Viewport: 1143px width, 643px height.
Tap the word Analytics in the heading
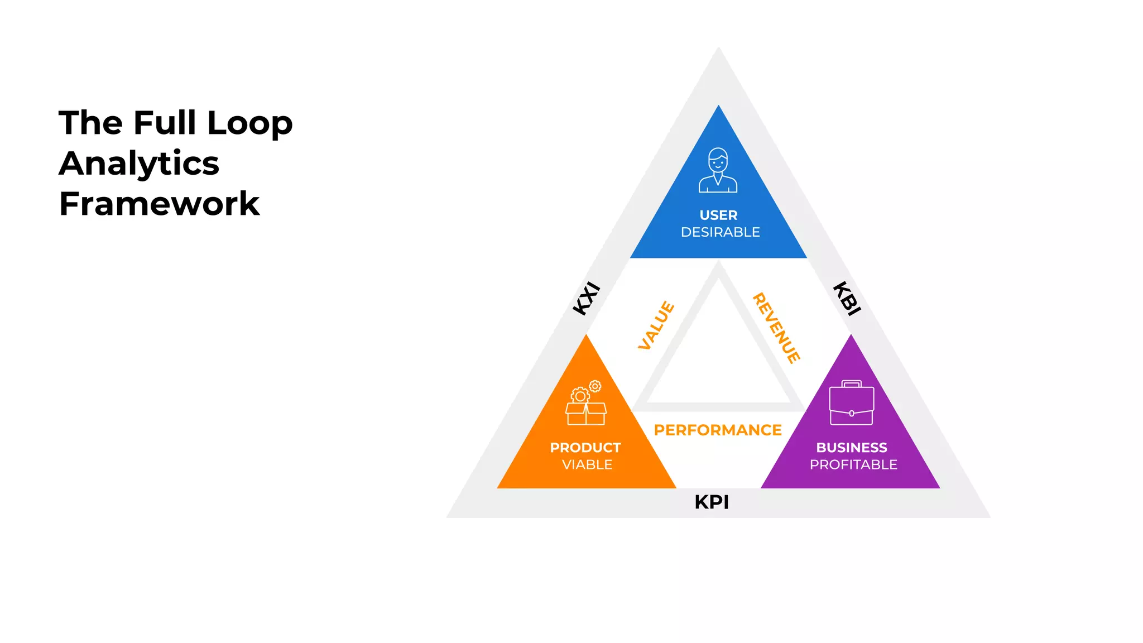(x=139, y=164)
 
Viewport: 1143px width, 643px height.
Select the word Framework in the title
(x=159, y=204)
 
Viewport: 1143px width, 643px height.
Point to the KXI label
(x=587, y=299)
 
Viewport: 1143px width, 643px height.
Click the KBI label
(x=847, y=299)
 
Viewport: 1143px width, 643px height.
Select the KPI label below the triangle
(x=712, y=502)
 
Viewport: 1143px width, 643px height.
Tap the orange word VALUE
(x=656, y=325)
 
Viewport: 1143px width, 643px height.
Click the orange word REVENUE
(x=776, y=328)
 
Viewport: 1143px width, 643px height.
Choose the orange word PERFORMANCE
(x=718, y=430)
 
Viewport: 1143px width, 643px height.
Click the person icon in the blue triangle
(x=718, y=170)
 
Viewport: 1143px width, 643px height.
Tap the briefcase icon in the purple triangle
(x=851, y=403)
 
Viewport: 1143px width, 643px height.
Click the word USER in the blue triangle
(x=718, y=215)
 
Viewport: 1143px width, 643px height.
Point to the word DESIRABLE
(x=720, y=232)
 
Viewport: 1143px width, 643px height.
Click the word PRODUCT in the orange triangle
(x=585, y=448)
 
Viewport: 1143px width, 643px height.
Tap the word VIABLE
(x=587, y=465)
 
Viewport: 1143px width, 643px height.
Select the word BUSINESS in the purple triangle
(x=852, y=448)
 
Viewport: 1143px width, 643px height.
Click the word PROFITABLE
(x=853, y=465)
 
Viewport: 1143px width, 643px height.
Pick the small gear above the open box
(x=595, y=386)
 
